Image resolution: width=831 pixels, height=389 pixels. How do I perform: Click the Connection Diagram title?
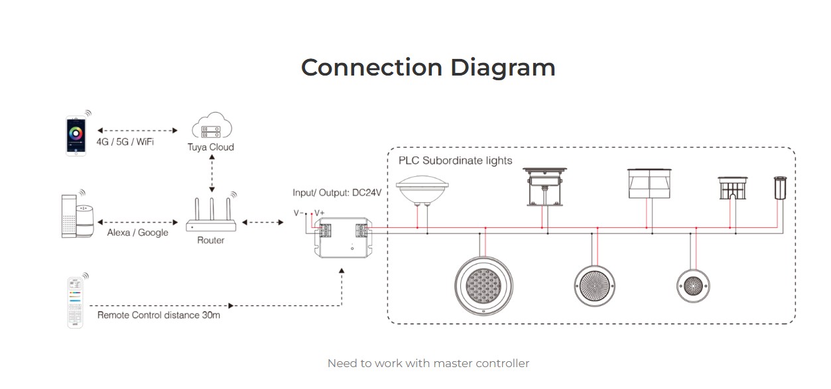coord(428,68)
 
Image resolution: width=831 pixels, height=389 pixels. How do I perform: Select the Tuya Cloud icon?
coord(210,128)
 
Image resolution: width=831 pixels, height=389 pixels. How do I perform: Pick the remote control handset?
coord(76,302)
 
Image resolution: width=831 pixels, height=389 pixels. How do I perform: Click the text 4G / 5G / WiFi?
coord(125,141)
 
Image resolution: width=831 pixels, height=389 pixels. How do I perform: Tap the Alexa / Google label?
coord(137,233)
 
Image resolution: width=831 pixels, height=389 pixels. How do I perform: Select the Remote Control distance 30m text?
coord(159,315)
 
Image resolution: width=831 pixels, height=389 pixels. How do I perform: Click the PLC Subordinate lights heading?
coord(455,160)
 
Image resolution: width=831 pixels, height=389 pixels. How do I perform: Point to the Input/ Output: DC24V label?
coord(337,193)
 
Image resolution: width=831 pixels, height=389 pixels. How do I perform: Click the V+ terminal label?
coord(318,213)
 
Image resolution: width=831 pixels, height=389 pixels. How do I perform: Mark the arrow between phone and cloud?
coord(137,129)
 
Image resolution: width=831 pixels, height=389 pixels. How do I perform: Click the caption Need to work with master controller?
coord(428,363)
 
